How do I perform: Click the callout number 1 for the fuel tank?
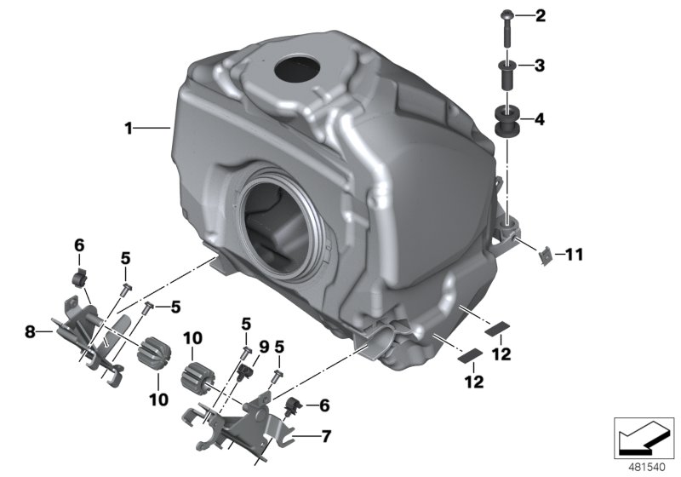click(x=129, y=129)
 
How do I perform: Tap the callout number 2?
click(x=539, y=15)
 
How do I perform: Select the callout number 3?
click(x=539, y=65)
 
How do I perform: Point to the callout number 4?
click(x=539, y=120)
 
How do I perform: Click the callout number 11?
click(x=575, y=254)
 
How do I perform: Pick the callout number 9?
click(x=264, y=347)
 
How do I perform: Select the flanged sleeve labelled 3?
click(x=505, y=73)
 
